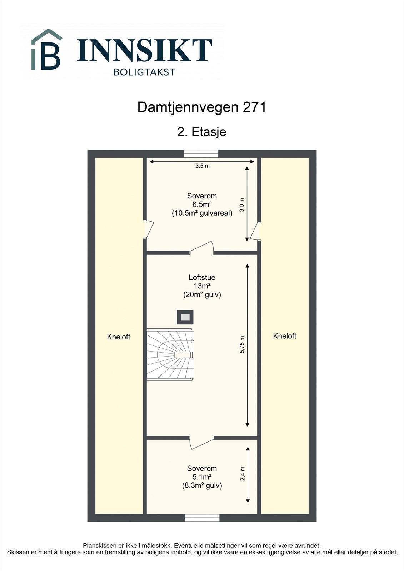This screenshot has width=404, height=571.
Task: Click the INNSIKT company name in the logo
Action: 144,50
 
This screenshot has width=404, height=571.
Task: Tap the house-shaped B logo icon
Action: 47,50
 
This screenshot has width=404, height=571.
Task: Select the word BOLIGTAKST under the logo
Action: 144,72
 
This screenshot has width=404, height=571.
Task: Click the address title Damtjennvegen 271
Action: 202,107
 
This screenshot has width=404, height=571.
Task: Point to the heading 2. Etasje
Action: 202,132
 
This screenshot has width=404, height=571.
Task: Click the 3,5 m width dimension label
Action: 202,166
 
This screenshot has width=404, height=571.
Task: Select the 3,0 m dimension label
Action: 242,205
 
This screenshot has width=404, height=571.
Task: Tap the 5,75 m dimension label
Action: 242,345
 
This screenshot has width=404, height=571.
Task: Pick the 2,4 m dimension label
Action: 243,474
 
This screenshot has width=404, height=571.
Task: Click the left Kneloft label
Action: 119,337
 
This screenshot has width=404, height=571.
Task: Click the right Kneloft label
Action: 285,336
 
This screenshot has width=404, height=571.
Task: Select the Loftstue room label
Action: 202,277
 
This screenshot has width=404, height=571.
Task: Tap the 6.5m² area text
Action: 202,204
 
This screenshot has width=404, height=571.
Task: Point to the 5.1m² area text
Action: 202,477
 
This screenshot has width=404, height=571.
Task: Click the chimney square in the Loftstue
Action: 185,317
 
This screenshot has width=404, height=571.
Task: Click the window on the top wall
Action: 201,153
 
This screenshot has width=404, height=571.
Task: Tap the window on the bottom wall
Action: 202,518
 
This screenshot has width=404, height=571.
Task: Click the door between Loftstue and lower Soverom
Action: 201,442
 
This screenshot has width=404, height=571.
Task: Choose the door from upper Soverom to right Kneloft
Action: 256,232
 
